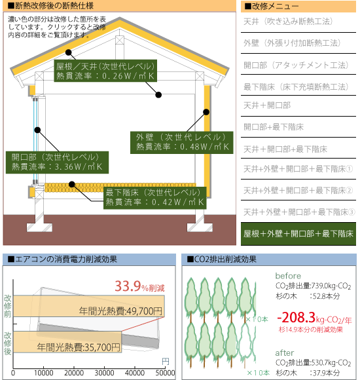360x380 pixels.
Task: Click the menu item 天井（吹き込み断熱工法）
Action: pos(288,22)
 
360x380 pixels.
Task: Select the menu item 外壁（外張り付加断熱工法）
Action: pos(292,43)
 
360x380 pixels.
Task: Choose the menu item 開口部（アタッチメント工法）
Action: pos(296,65)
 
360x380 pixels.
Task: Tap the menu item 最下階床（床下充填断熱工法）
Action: pos(296,86)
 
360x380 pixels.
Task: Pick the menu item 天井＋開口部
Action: pos(267,105)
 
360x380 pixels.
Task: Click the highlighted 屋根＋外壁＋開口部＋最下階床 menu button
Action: pos(298,234)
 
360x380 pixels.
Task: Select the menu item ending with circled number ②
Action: pos(298,191)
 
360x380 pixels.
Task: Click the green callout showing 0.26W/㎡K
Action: pos(105,71)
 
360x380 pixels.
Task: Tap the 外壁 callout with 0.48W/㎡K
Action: pos(181,143)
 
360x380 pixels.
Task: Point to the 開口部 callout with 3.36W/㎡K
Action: pos(57,162)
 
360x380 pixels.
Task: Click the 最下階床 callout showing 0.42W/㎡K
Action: pos(155,198)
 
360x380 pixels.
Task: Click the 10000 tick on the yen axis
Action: pos(44,373)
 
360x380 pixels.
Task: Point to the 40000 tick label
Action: pos(135,373)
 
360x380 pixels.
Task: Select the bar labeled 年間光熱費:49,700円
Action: pos(89,306)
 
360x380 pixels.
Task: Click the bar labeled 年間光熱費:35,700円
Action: pos(67,342)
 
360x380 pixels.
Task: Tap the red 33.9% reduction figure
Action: pos(139,286)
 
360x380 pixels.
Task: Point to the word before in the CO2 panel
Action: pos(288,276)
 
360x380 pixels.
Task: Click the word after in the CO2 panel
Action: pos(285,353)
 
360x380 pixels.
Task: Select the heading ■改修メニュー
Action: pos(271,7)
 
